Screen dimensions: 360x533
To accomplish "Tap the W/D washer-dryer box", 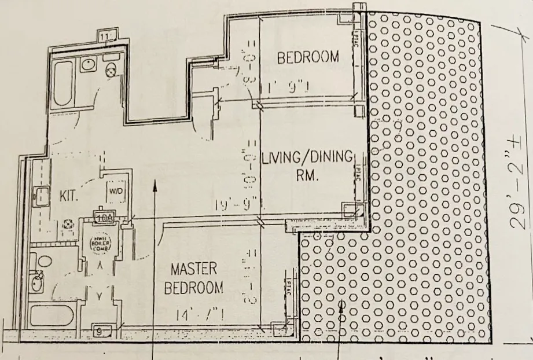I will click(x=114, y=190).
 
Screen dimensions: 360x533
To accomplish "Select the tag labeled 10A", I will click(x=104, y=218).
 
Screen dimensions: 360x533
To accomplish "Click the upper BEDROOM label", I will click(x=307, y=58).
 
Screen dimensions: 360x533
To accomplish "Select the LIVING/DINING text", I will click(x=307, y=157).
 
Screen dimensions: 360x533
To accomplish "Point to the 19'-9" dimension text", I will click(x=247, y=204).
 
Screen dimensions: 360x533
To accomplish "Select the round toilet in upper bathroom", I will click(x=111, y=69).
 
